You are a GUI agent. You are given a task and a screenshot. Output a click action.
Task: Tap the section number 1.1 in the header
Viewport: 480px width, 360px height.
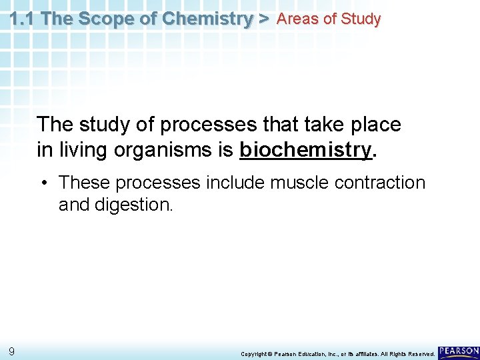pos(23,19)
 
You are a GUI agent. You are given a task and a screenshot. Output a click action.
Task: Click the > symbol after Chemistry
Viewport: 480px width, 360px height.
pos(263,19)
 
